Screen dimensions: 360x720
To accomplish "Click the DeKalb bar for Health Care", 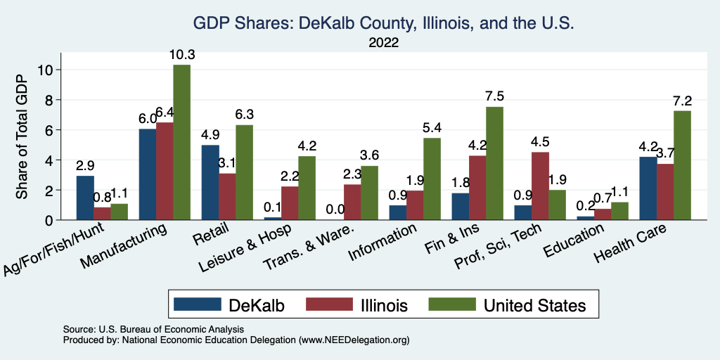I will click(x=648, y=188).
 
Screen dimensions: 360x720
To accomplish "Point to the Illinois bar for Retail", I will click(x=227, y=196).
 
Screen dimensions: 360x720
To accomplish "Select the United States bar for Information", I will click(x=432, y=179).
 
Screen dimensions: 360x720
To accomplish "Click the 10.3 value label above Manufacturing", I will click(x=181, y=55).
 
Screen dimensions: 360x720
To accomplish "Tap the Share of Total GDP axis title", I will click(x=22, y=137).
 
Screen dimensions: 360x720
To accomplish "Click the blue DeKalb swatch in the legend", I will click(x=195, y=304).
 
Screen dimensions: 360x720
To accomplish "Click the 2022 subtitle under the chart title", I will click(x=383, y=43).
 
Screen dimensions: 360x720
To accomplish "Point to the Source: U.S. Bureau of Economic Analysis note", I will click(x=153, y=329).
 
